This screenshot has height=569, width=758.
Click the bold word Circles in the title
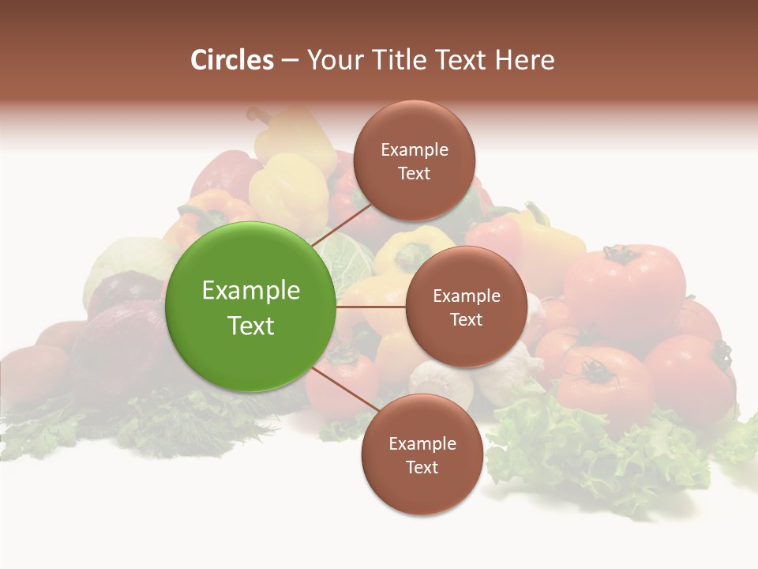232,60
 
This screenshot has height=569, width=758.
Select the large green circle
251,307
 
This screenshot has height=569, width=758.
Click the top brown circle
414,161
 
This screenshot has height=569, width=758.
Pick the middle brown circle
466,307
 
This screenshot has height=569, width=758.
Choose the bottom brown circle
422,455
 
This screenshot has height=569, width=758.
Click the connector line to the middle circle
371,307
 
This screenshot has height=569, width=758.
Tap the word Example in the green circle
251,290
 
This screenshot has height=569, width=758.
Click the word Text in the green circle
251,325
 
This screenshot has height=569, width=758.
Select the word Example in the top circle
415,149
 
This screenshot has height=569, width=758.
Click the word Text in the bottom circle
422,467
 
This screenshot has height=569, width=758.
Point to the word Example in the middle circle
467,296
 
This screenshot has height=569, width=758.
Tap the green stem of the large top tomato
620,254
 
